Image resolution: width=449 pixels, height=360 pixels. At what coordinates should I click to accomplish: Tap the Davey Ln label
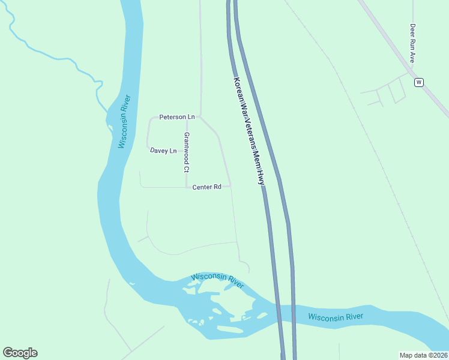[x=163, y=151]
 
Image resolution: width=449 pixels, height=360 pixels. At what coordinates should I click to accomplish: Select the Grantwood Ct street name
[x=187, y=152]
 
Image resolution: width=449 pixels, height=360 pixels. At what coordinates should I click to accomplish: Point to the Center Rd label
[x=207, y=187]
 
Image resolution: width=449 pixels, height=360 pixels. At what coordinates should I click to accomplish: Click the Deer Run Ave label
[x=412, y=44]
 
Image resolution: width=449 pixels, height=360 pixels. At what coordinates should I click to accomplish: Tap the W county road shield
[x=419, y=82]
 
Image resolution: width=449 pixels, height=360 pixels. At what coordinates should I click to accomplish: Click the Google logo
[x=20, y=353]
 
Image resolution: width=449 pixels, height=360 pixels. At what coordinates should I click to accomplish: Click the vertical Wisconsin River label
[x=124, y=122]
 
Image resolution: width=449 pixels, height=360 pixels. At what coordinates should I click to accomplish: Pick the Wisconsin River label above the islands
[x=217, y=280]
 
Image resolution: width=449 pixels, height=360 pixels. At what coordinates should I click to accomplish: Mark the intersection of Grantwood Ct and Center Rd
[x=186, y=187]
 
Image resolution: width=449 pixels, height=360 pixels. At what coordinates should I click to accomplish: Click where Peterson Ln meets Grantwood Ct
[x=186, y=117]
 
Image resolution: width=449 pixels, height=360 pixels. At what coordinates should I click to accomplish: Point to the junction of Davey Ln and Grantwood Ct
[x=186, y=151]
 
